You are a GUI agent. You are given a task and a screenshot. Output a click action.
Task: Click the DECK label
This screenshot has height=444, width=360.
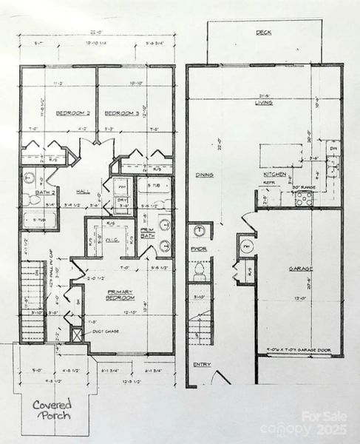coord(263,33)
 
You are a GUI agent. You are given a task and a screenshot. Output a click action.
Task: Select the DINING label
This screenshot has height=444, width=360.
coord(205,175)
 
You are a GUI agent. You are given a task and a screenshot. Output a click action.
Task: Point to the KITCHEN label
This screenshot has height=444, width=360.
coord(275,175)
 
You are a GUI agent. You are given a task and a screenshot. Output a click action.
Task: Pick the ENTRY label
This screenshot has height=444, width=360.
coord(201,364)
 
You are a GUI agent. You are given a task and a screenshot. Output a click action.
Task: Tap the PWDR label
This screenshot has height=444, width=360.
coord(197,260)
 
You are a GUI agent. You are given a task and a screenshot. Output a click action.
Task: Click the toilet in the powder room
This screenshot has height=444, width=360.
coord(197,275)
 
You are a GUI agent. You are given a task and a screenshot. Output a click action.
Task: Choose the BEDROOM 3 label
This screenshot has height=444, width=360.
coord(118,113)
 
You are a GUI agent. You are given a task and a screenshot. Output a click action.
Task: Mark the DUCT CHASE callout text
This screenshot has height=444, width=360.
coord(102,332)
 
